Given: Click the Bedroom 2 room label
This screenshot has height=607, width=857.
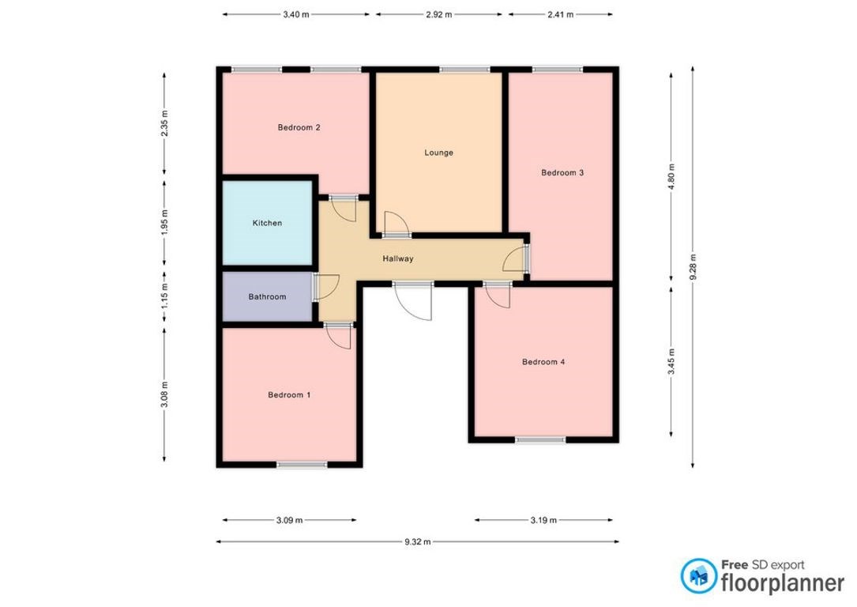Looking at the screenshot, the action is pyautogui.click(x=299, y=127).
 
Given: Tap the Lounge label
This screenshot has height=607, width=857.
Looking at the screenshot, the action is pyautogui.click(x=439, y=153).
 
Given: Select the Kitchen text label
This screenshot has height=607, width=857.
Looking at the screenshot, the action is pyautogui.click(x=267, y=223).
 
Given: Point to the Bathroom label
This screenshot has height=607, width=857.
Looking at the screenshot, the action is pyautogui.click(x=267, y=297).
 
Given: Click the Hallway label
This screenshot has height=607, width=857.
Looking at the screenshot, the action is pyautogui.click(x=398, y=258).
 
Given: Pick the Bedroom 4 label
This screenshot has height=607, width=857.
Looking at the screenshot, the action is pyautogui.click(x=543, y=362).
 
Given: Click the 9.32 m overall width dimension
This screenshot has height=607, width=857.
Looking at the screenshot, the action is pyautogui.click(x=418, y=542).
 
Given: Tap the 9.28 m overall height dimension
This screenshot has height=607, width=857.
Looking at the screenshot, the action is pyautogui.click(x=693, y=267).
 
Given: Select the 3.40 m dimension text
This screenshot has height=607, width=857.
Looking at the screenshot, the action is pyautogui.click(x=295, y=15).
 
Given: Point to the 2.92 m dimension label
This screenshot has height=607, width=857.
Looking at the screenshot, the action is pyautogui.click(x=439, y=15).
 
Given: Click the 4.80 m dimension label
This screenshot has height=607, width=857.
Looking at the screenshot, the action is pyautogui.click(x=671, y=176).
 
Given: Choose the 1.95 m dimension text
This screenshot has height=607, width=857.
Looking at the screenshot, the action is pyautogui.click(x=164, y=221).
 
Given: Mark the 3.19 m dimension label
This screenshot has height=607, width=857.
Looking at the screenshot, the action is pyautogui.click(x=543, y=520).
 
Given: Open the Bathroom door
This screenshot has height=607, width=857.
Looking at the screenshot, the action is pyautogui.click(x=325, y=287).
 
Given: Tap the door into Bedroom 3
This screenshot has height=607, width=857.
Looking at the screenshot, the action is pyautogui.click(x=516, y=258).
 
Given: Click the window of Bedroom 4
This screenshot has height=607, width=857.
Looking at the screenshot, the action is pyautogui.click(x=540, y=439).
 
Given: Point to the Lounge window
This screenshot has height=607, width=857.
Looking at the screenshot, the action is pyautogui.click(x=464, y=70).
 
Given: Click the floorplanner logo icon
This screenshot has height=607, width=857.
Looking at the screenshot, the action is pyautogui.click(x=699, y=576).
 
